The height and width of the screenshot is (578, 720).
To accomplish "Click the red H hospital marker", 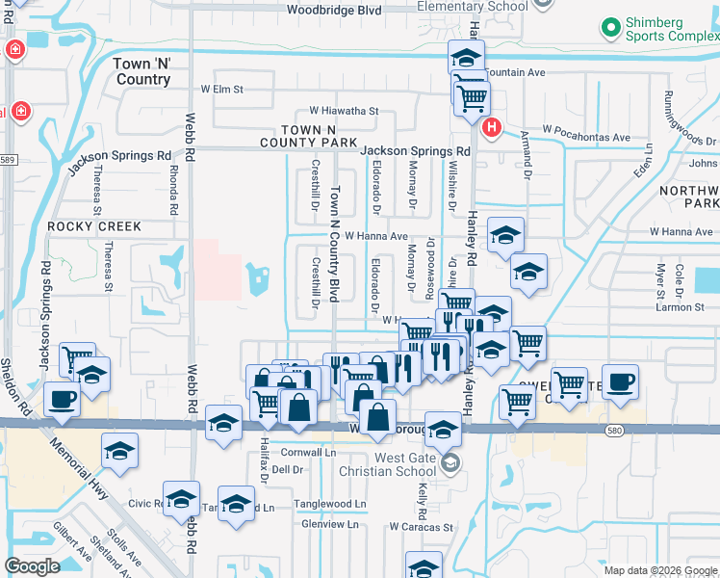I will pyautogui.click(x=493, y=127).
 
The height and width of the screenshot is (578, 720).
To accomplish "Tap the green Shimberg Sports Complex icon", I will pyautogui.click(x=610, y=28).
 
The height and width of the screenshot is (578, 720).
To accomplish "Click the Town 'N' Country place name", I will pyautogui.click(x=142, y=71).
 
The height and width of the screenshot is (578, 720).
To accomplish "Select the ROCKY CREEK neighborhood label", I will pyautogui.click(x=94, y=226).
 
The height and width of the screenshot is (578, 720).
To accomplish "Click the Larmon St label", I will pyautogui.click(x=680, y=307).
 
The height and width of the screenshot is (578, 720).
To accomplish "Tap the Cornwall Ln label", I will pyautogui.click(x=308, y=451).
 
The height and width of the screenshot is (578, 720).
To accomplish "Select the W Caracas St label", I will pyautogui.click(x=421, y=527).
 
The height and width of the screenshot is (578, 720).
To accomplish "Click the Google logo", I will pyautogui.click(x=33, y=566).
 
